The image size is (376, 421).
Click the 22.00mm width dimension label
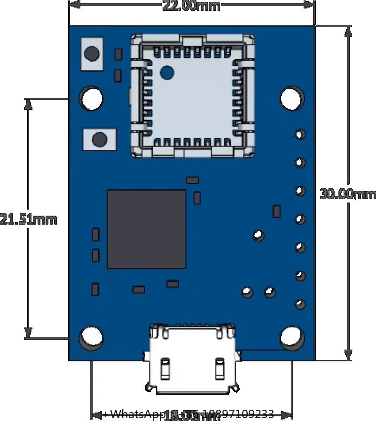[191, 6]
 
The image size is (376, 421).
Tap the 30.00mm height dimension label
[348, 194]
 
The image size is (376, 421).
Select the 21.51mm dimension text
[28, 219]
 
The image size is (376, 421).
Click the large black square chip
[146, 229]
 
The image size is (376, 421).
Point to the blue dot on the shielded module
[167, 72]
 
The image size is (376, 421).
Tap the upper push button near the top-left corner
[92, 53]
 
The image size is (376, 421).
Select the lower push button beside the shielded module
[99, 140]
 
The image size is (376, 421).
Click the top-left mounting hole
[92, 99]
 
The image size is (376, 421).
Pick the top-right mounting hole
[292, 99]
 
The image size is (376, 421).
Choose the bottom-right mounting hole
[292, 337]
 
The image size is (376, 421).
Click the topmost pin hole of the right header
[300, 134]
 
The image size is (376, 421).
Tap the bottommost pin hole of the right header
[300, 304]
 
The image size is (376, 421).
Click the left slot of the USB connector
[165, 369]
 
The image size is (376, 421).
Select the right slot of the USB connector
[219, 369]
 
